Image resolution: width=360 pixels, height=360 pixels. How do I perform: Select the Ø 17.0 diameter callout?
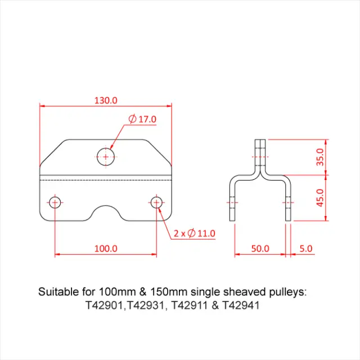pos(142,119)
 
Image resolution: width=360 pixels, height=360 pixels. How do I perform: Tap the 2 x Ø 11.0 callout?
pos(195,232)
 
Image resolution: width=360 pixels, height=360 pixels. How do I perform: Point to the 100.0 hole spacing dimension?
pos(106,248)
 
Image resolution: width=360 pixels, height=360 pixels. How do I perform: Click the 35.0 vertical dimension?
pos(319,156)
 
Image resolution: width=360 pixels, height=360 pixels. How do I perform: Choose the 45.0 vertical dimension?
pos(319,197)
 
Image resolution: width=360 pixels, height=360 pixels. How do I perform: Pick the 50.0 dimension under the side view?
pos(260,248)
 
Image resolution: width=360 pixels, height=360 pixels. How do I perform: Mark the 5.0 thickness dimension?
pos(307,248)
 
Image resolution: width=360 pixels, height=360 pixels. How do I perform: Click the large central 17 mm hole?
pos(106,156)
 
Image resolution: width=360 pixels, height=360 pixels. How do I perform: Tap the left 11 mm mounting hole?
pos(55,202)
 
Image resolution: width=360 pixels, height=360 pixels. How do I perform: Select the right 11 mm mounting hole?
pos(157,202)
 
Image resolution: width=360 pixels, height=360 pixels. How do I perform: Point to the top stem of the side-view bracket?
pos(260,155)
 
